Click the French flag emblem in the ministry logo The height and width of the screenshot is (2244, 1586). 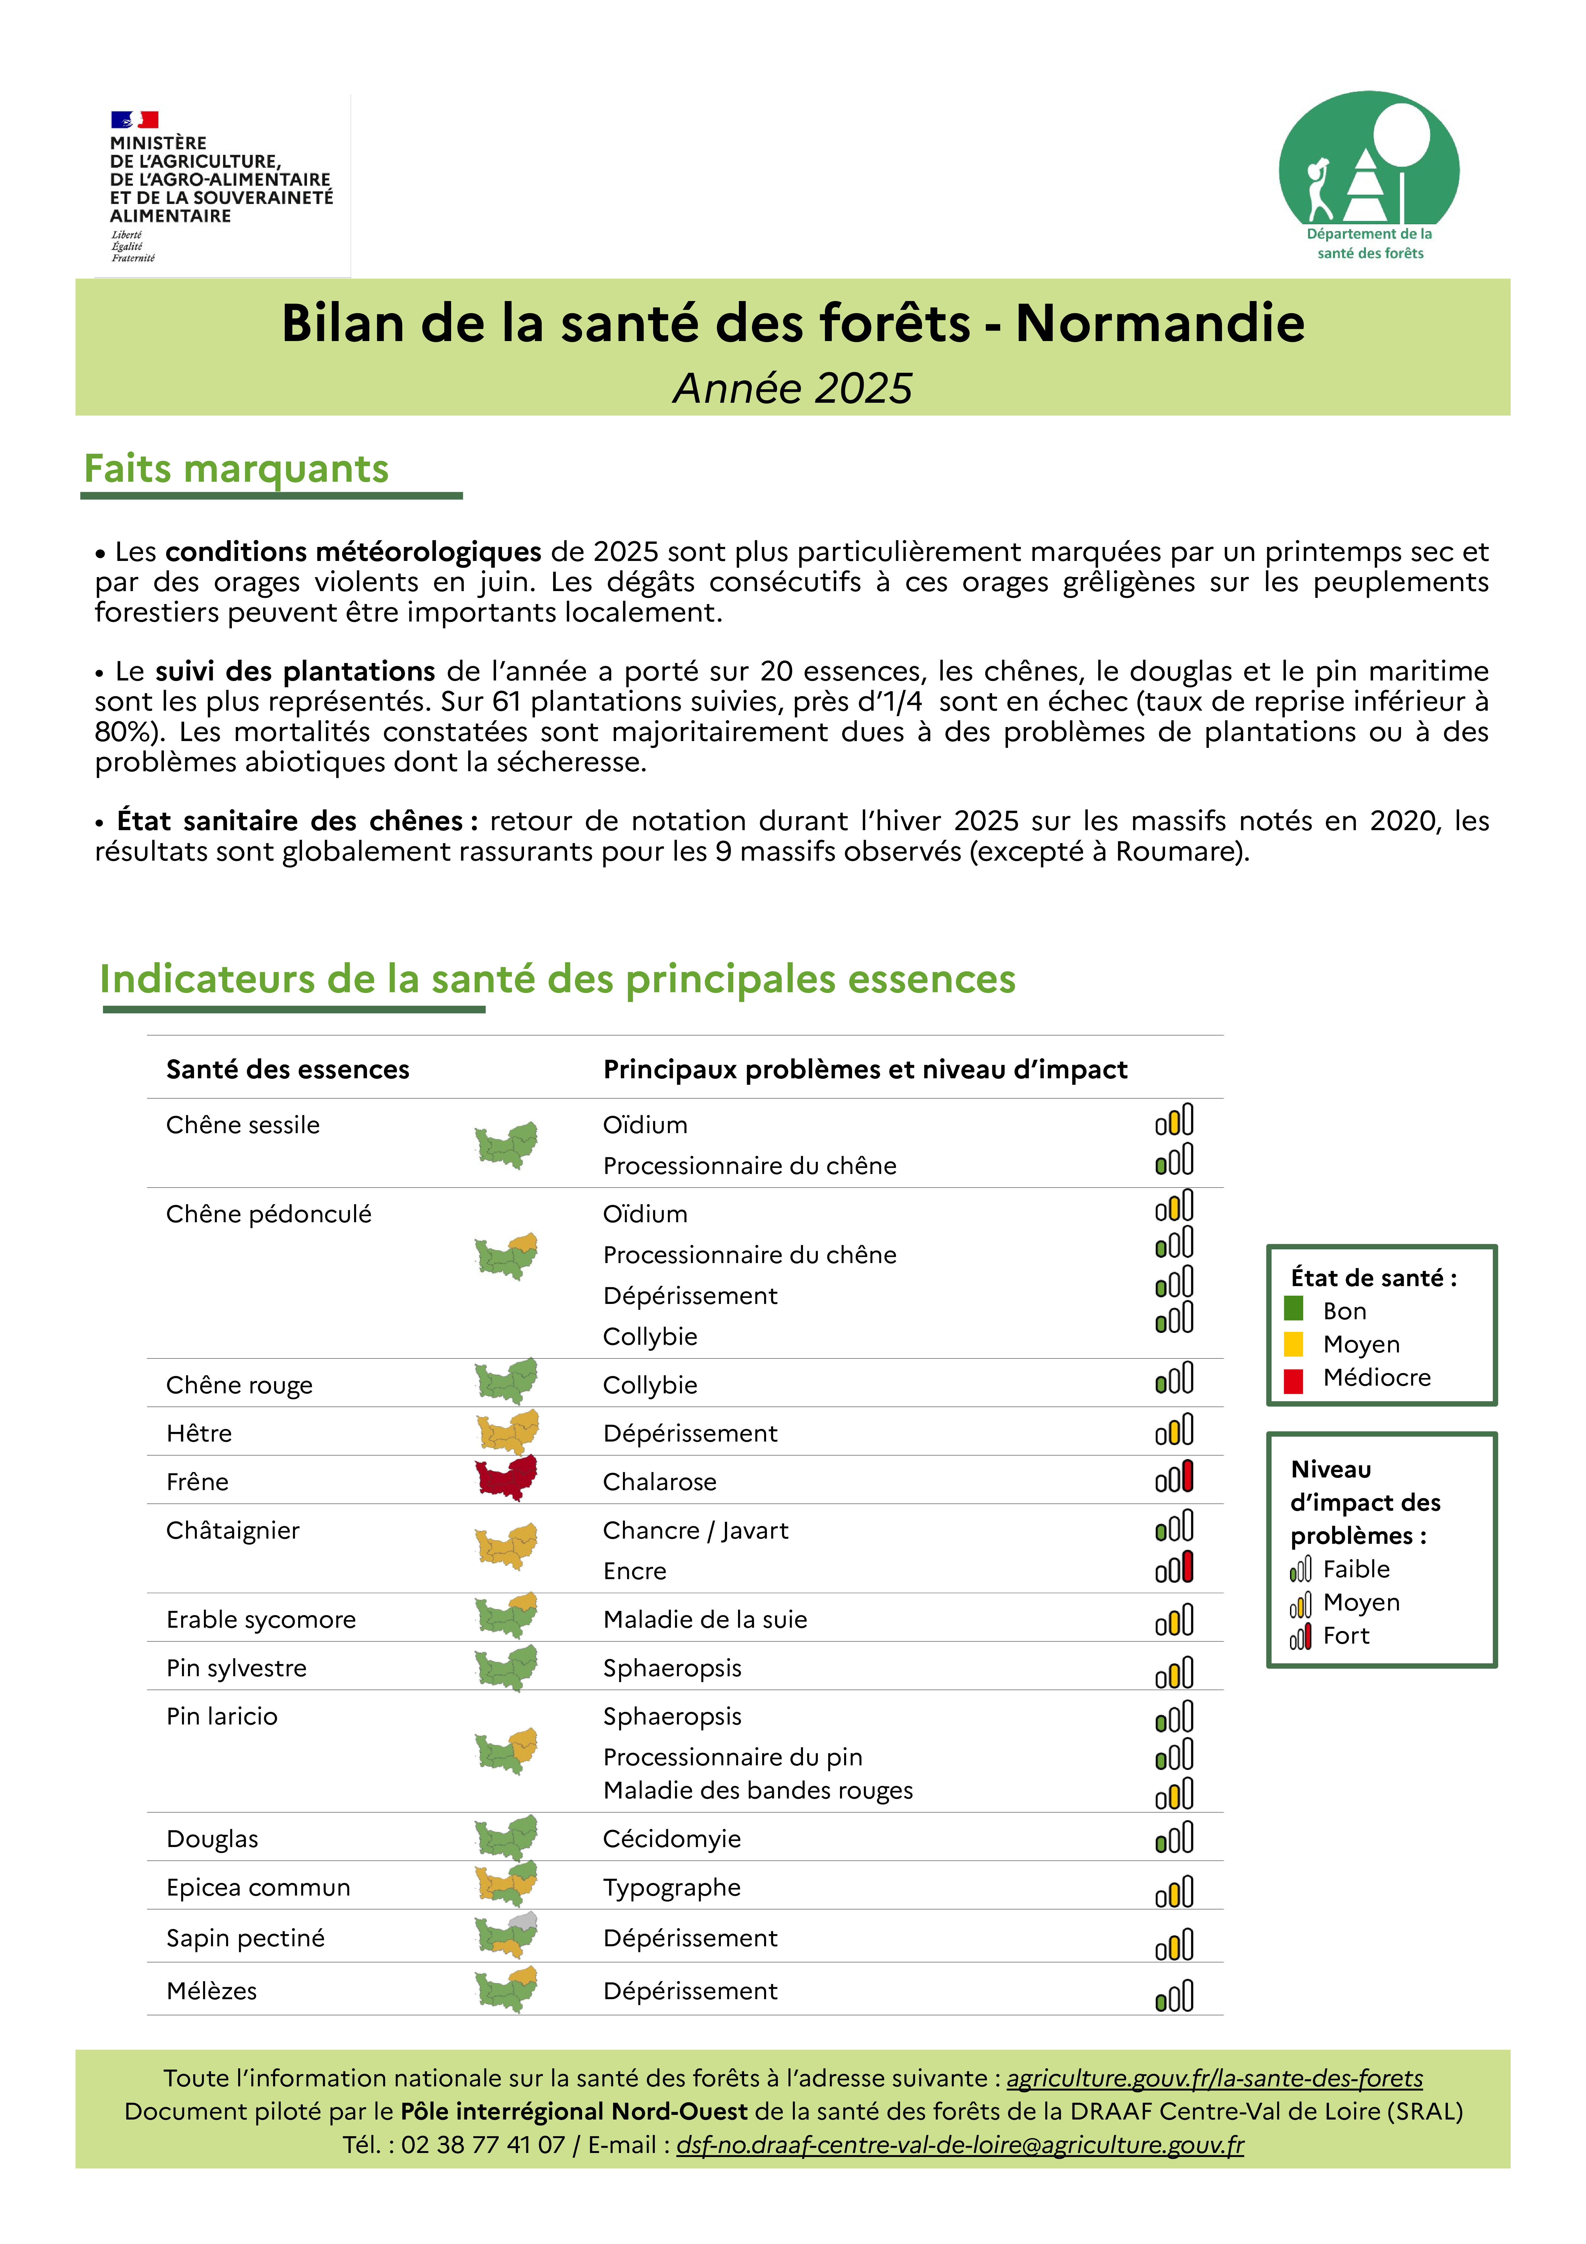[134, 119]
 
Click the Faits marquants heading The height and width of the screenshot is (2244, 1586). [237, 469]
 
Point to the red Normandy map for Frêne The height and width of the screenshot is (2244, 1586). [506, 1478]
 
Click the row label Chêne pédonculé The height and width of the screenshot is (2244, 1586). [269, 1214]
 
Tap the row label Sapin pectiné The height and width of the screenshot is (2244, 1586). [245, 1938]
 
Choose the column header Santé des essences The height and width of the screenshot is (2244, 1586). [287, 1069]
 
